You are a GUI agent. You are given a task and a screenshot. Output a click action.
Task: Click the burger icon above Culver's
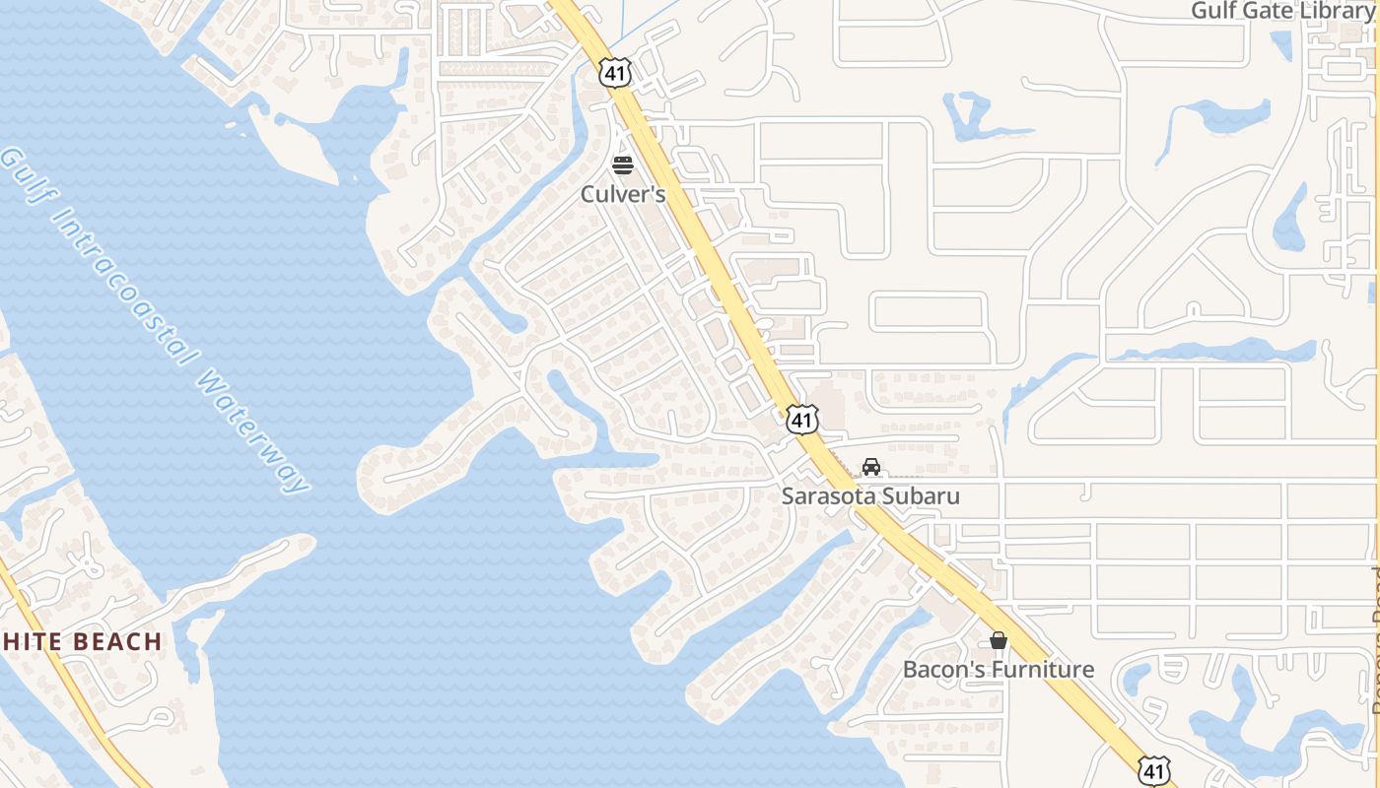pyautogui.click(x=622, y=164)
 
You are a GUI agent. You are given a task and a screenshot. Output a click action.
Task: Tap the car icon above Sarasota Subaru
pyautogui.click(x=870, y=466)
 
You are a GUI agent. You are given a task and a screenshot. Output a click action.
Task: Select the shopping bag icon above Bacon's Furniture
pyautogui.click(x=999, y=640)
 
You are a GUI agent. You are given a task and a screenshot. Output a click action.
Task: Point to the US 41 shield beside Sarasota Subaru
pyautogui.click(x=802, y=421)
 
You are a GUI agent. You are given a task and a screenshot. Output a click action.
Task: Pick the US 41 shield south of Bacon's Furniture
pyautogui.click(x=1153, y=770)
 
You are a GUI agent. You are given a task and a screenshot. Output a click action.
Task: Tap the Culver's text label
pyautogui.click(x=622, y=194)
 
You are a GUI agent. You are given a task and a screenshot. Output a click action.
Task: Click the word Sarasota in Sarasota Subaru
pyautogui.click(x=827, y=495)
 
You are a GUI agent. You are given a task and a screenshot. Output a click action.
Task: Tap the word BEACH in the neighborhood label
pyautogui.click(x=114, y=642)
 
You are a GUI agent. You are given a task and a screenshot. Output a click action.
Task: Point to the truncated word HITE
pyautogui.click(x=31, y=642)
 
